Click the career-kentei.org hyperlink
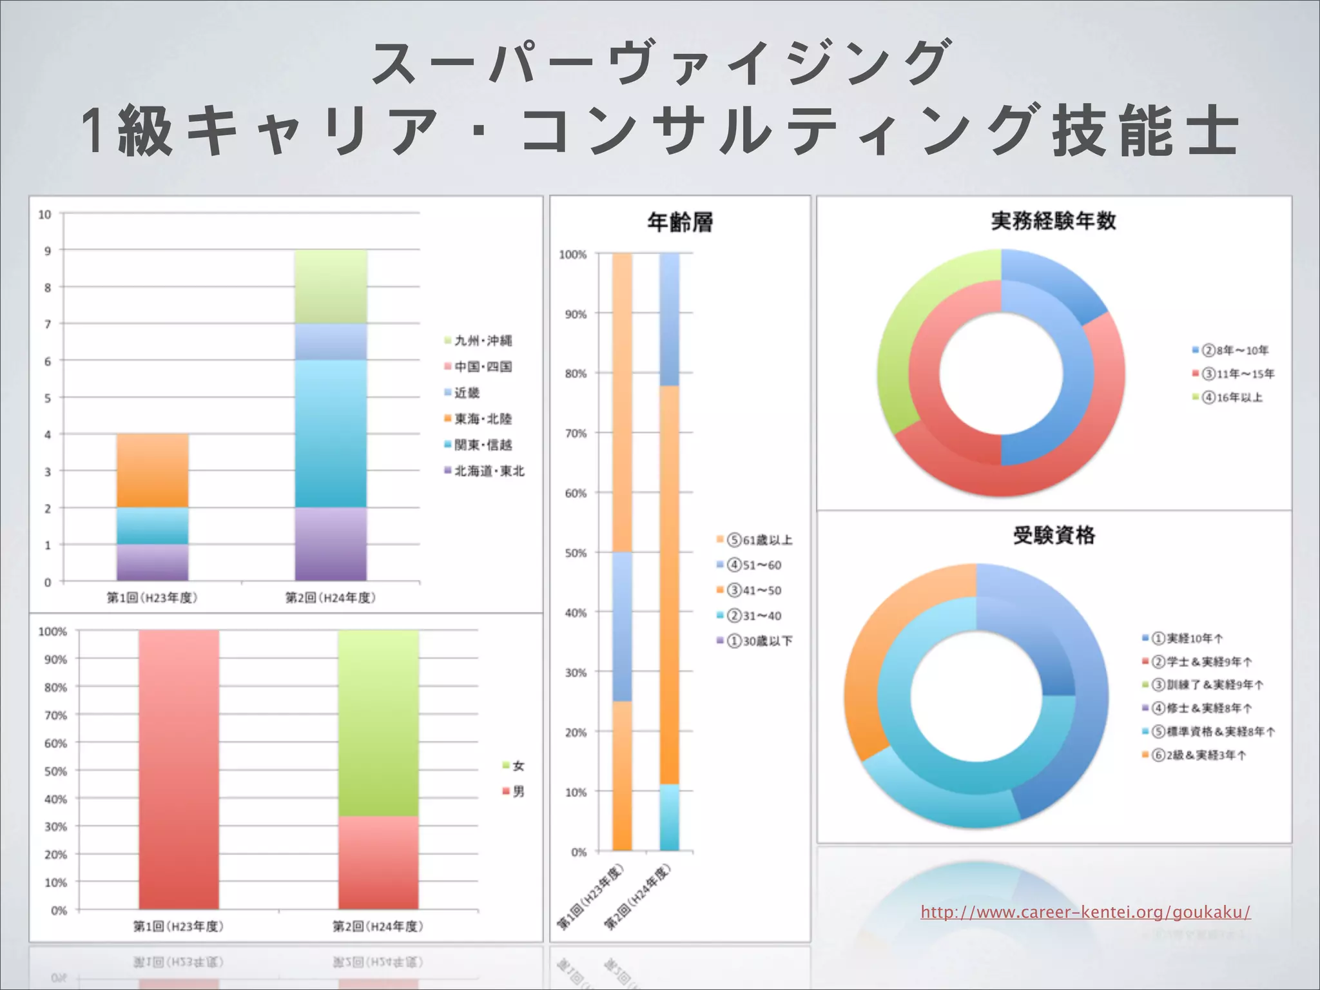pyautogui.click(x=1085, y=912)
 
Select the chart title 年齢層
pyautogui.click(x=680, y=222)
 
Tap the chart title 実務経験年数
pyautogui.click(x=1054, y=221)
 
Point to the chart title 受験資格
pyautogui.click(x=1054, y=536)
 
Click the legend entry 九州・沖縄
pyautogui.click(x=483, y=340)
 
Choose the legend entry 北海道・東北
pyautogui.click(x=489, y=471)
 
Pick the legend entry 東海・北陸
pyautogui.click(x=483, y=419)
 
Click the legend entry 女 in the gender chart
pyautogui.click(x=518, y=766)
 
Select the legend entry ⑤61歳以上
pyautogui.click(x=759, y=540)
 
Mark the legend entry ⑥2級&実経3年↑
pyautogui.click(x=1199, y=755)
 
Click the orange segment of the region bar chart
pyautogui.click(x=153, y=471)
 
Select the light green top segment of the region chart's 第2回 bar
pyautogui.click(x=331, y=286)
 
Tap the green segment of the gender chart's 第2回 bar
pyautogui.click(x=378, y=722)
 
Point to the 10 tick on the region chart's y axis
pyautogui.click(x=44, y=215)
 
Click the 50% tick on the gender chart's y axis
pyautogui.click(x=55, y=772)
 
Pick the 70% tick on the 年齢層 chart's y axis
pyautogui.click(x=576, y=434)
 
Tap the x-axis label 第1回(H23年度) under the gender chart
pyautogui.click(x=179, y=926)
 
